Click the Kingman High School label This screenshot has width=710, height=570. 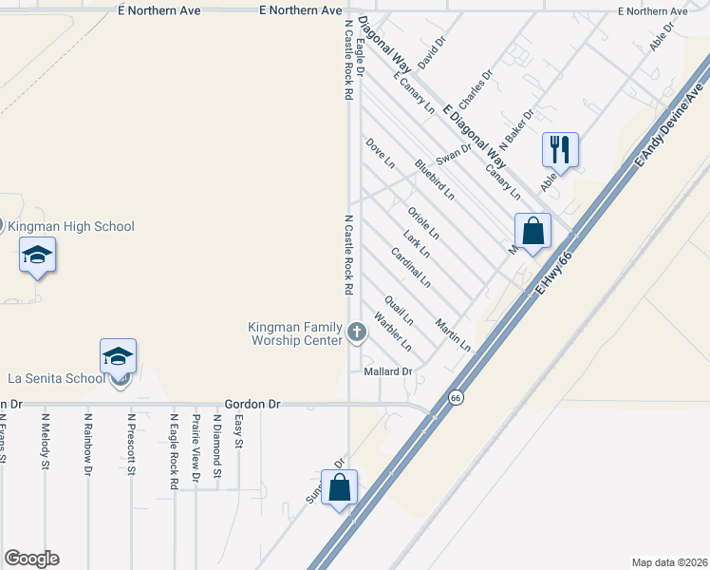tap(71, 226)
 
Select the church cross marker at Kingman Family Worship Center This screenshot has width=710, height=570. tap(357, 332)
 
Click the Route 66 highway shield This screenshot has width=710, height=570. tap(456, 397)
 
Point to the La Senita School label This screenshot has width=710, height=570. tap(57, 378)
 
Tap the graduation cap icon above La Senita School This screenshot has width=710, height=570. tap(118, 356)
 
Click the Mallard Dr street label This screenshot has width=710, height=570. tap(387, 371)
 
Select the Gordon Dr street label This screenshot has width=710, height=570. tap(252, 404)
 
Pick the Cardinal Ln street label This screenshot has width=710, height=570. tap(411, 268)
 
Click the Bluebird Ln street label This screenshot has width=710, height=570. tap(435, 180)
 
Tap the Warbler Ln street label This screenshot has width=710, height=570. tap(392, 330)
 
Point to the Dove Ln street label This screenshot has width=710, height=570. tap(380, 153)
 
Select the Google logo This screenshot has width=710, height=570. tap(31, 559)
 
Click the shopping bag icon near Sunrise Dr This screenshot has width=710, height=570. tap(340, 487)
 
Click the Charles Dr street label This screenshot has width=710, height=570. tap(476, 88)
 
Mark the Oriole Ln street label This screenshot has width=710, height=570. tap(422, 222)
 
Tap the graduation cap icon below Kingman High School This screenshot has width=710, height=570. tap(37, 255)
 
